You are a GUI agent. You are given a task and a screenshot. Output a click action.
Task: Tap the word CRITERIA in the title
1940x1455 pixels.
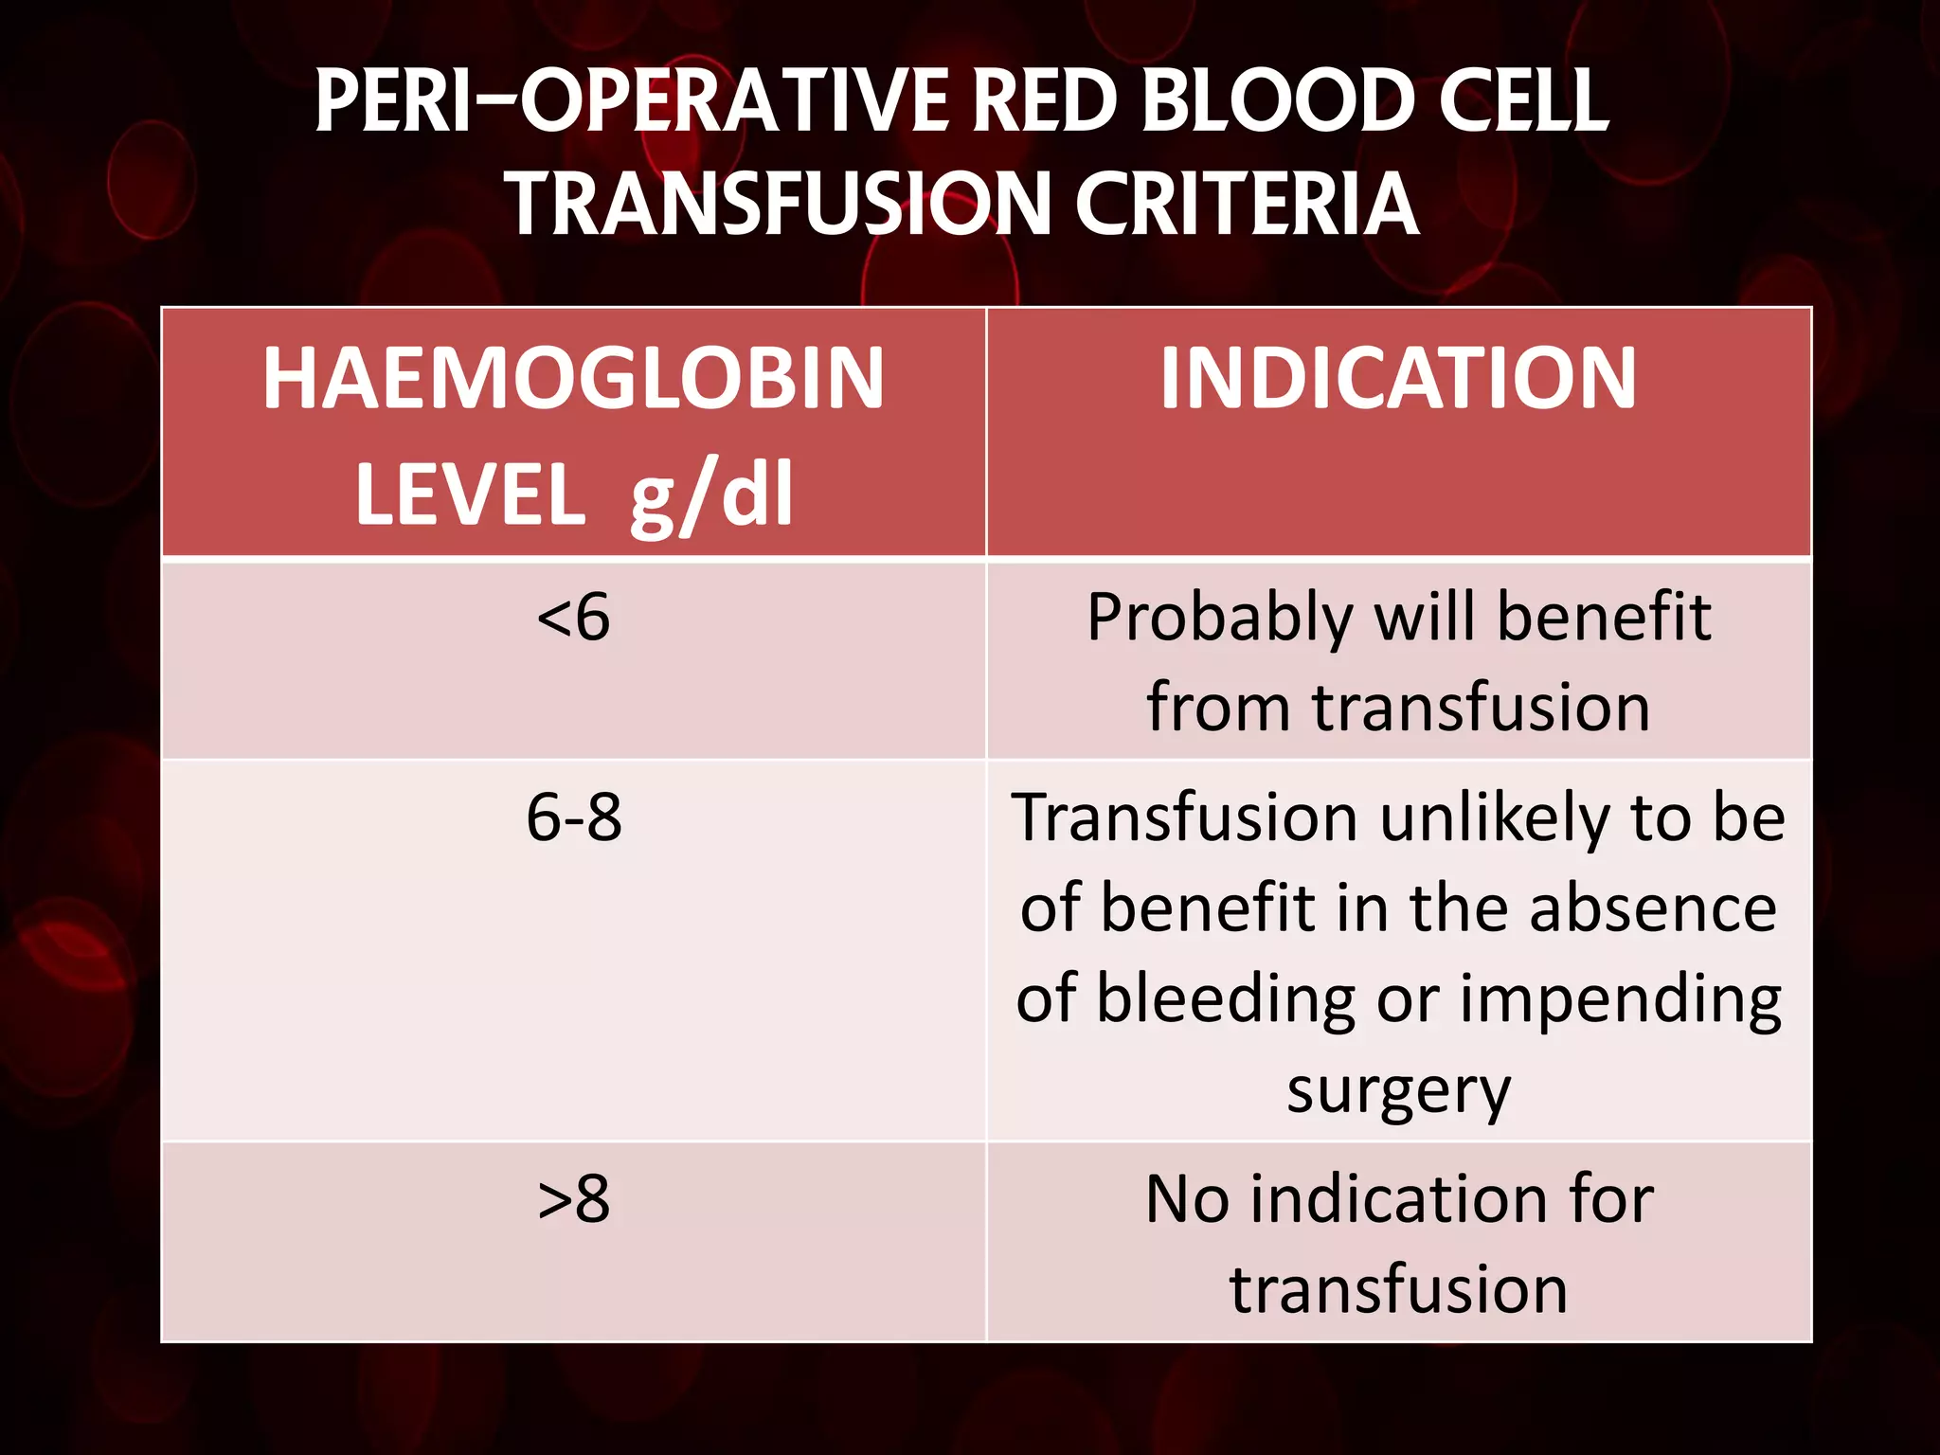pos(1246,204)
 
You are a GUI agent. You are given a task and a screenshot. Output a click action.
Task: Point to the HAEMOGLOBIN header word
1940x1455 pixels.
pos(573,378)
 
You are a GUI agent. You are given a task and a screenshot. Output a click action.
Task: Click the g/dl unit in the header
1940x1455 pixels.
pos(710,494)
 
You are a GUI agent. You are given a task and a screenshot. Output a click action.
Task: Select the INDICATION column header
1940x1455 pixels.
pos(1398,378)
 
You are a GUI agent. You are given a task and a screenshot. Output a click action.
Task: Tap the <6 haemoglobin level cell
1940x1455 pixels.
pos(573,618)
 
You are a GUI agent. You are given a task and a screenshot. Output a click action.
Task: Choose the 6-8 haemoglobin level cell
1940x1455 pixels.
pos(573,817)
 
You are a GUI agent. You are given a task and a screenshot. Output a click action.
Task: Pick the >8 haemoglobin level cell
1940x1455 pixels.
pos(573,1199)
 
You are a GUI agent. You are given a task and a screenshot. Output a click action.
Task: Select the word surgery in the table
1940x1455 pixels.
pos(1398,1092)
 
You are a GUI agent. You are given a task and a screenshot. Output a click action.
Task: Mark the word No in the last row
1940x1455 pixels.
pos(1185,1199)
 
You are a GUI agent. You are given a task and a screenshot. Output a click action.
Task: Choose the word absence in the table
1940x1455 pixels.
pos(1652,908)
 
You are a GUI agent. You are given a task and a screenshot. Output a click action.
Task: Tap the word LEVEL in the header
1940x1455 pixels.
pos(470,494)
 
